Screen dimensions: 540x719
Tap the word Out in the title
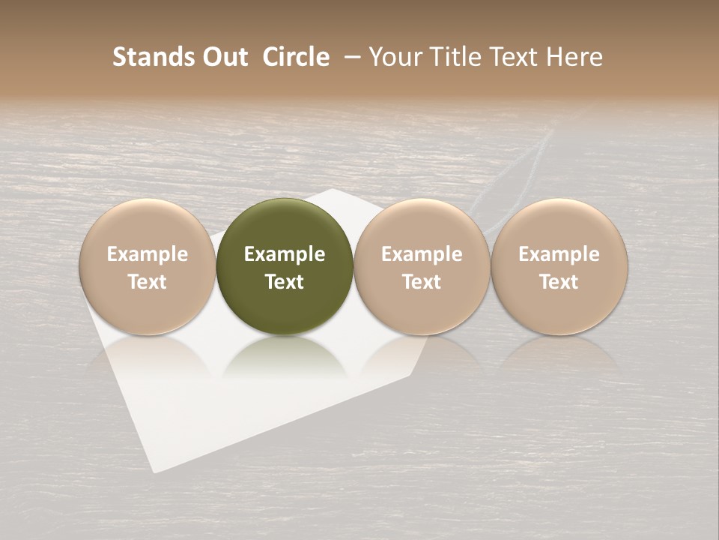(x=223, y=57)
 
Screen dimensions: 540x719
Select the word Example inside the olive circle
(x=285, y=254)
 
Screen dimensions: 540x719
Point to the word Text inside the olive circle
(x=285, y=282)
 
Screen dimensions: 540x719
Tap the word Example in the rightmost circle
(x=559, y=254)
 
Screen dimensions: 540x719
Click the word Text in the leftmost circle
(x=148, y=282)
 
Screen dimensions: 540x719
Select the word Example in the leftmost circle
(x=148, y=254)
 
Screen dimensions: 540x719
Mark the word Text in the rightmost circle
(x=559, y=282)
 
